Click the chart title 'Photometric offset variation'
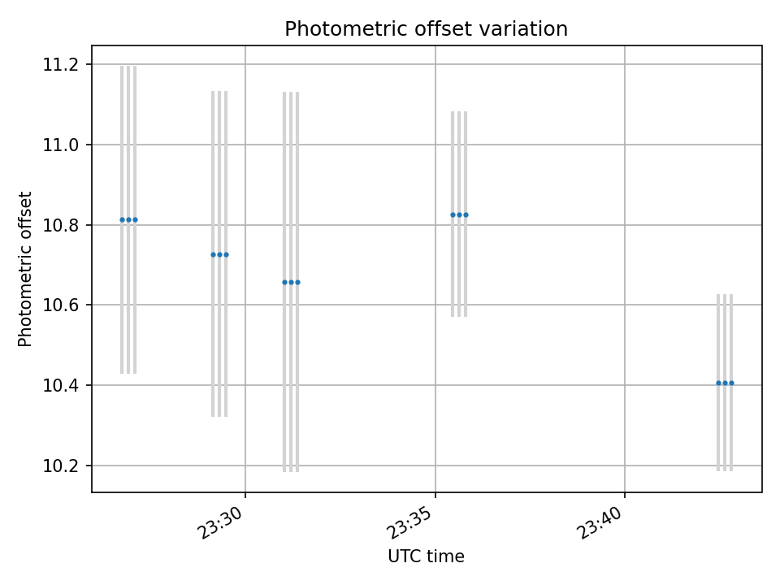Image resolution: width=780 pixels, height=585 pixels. (x=426, y=29)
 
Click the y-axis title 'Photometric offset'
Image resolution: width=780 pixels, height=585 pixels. (x=25, y=269)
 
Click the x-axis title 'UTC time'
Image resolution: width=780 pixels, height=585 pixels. (x=426, y=557)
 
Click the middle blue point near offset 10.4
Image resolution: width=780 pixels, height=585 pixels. (x=725, y=383)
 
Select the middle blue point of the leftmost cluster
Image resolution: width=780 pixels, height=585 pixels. (x=128, y=219)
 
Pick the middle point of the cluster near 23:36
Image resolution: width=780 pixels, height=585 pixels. (x=459, y=214)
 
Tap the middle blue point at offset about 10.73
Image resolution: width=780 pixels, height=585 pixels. (x=219, y=254)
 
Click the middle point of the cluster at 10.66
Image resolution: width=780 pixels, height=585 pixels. (x=291, y=282)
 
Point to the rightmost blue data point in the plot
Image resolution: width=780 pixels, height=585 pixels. (x=731, y=383)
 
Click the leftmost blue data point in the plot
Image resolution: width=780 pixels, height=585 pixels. (x=122, y=219)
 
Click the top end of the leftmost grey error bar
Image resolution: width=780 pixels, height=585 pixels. (x=122, y=67)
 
